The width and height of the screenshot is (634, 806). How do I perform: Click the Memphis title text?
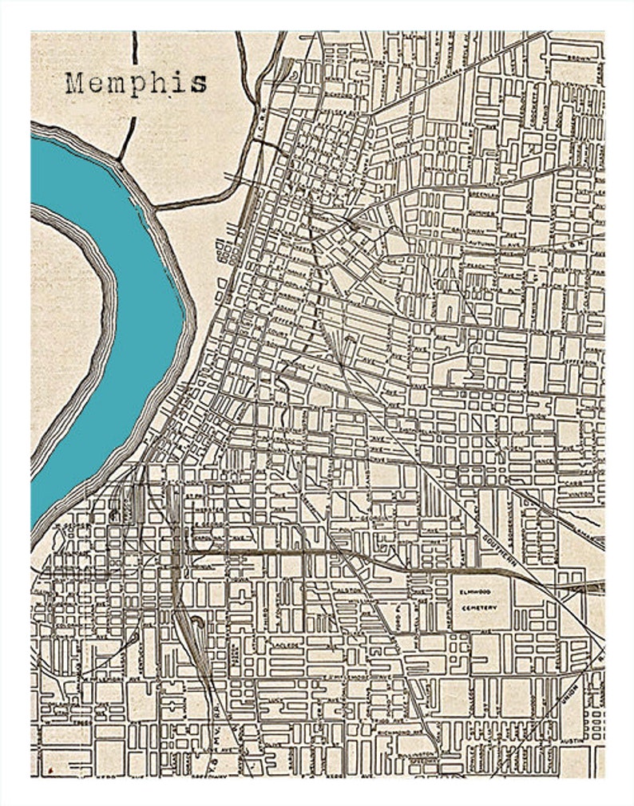137,83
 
